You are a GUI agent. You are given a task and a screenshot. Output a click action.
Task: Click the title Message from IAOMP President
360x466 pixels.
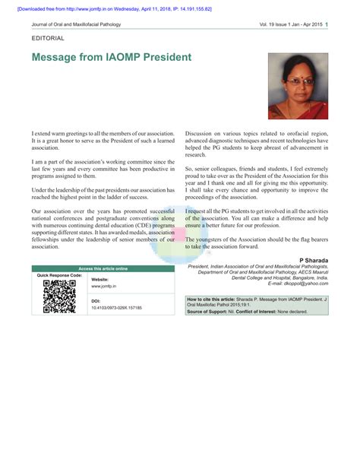[x=112, y=57]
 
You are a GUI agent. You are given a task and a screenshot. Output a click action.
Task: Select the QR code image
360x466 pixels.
[x=59, y=296]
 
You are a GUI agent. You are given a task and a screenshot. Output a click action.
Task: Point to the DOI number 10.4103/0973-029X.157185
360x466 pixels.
[x=116, y=308]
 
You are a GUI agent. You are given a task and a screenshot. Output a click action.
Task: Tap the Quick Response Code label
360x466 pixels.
[x=58, y=274]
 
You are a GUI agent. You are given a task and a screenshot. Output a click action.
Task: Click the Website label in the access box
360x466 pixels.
[x=99, y=279]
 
